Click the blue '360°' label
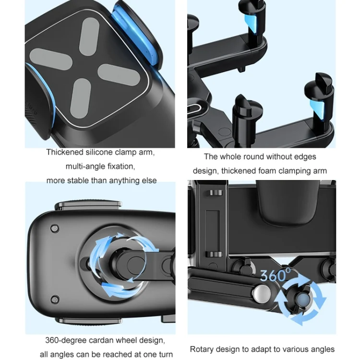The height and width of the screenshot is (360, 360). [x=276, y=275]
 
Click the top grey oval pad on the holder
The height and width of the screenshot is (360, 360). [x=89, y=36]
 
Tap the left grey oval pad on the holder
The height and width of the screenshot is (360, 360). [x=51, y=60]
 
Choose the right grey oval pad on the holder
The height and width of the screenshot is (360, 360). [x=119, y=74]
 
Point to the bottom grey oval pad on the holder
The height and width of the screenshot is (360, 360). [x=81, y=98]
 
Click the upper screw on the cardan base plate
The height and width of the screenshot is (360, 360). [x=55, y=228]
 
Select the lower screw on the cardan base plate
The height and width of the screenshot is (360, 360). [x=55, y=299]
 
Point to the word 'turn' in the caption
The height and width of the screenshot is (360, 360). [x=164, y=354]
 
